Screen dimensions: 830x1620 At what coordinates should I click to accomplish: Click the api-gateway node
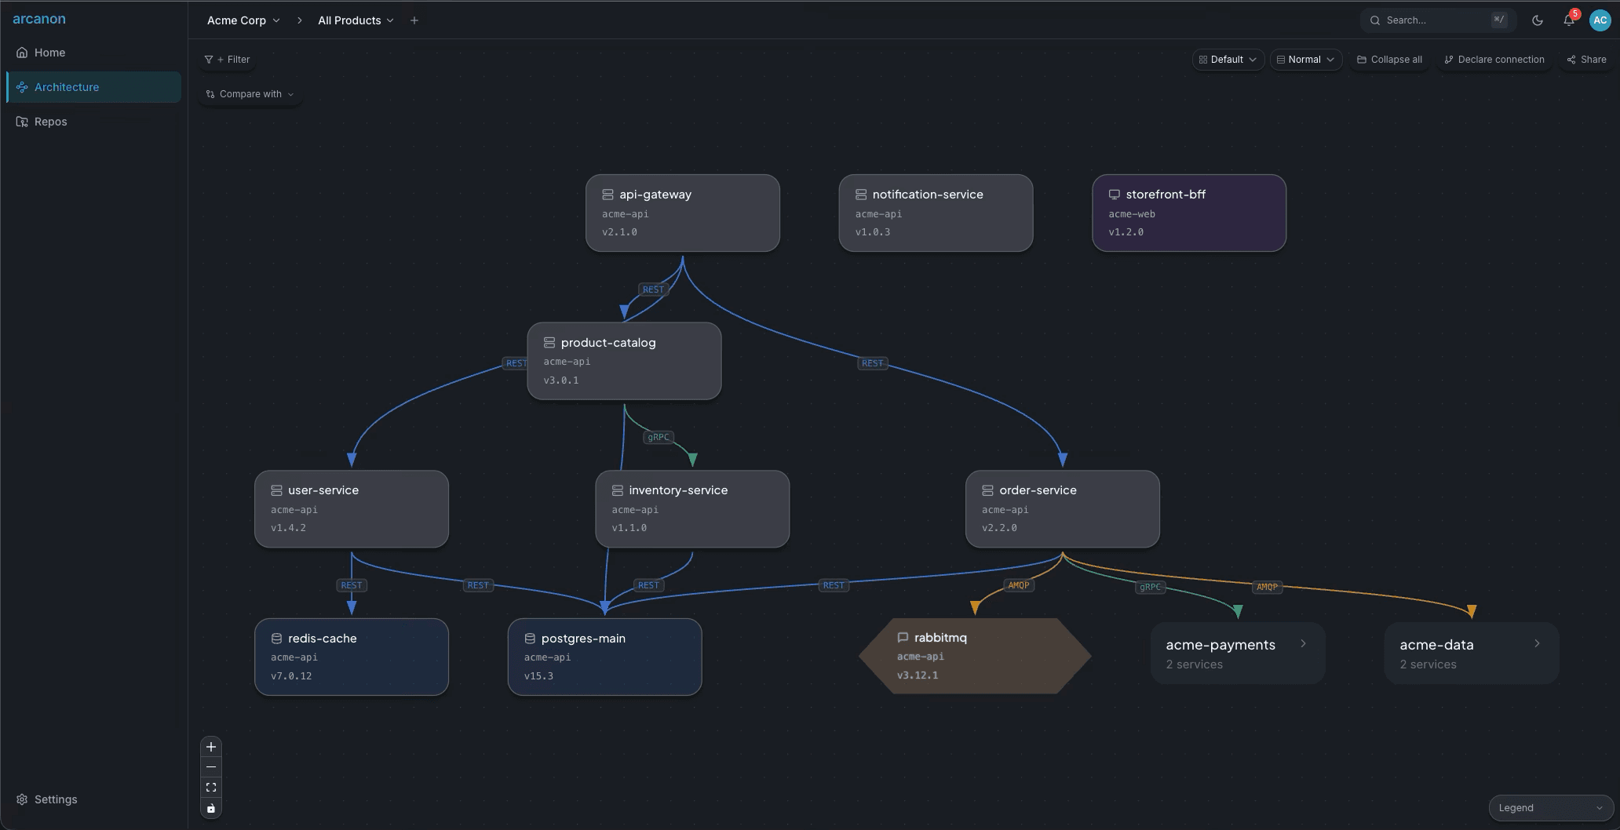click(x=682, y=213)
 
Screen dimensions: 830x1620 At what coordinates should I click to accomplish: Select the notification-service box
click(x=936, y=213)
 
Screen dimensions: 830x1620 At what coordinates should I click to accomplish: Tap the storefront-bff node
click(x=1188, y=213)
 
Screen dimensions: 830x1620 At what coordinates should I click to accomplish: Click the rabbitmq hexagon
click(x=975, y=656)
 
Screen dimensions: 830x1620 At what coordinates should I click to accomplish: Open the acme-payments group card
click(x=1237, y=653)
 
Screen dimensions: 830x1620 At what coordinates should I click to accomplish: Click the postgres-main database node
click(x=604, y=657)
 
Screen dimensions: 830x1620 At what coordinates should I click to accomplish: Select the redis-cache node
click(x=351, y=657)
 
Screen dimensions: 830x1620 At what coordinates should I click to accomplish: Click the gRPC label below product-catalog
click(x=659, y=437)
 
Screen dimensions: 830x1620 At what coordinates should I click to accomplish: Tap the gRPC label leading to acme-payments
click(x=1150, y=587)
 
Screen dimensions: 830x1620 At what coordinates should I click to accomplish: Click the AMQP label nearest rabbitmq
click(x=1018, y=585)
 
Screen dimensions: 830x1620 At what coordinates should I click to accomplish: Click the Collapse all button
click(x=1389, y=60)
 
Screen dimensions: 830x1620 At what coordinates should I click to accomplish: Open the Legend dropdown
click(x=1550, y=808)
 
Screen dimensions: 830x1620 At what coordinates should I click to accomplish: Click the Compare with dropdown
click(x=250, y=94)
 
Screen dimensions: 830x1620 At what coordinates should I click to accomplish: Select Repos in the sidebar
click(x=50, y=122)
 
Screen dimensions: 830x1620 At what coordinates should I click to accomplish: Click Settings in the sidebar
click(x=55, y=799)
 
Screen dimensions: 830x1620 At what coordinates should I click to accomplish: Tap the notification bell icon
click(x=1568, y=20)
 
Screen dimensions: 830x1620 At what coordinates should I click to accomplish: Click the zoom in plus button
click(x=211, y=747)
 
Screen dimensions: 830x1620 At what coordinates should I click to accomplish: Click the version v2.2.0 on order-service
click(x=999, y=528)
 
